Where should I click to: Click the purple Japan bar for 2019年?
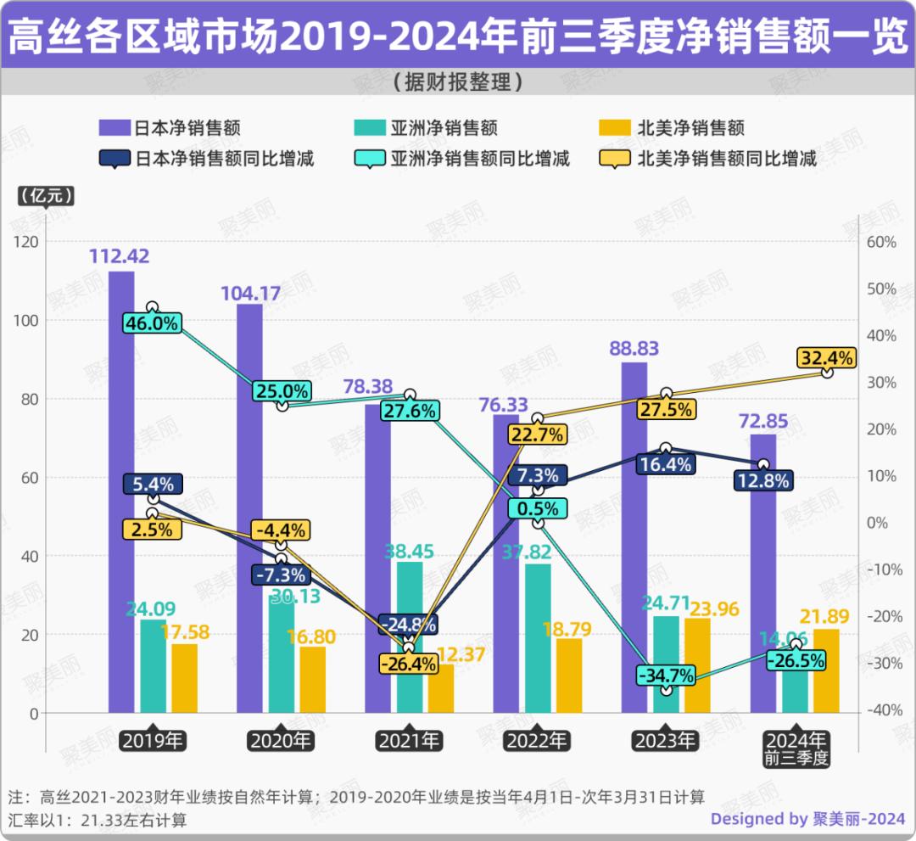(121, 492)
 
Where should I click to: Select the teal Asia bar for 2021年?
(410, 636)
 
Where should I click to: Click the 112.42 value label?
(120, 256)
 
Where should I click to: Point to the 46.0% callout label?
(152, 323)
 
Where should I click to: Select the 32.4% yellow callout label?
(826, 357)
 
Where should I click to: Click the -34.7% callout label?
(667, 676)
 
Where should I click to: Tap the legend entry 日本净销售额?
(170, 129)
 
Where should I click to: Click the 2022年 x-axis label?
(538, 740)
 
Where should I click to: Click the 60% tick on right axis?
(881, 242)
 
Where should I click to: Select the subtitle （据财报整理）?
(457, 82)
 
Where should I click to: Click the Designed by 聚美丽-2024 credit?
(807, 819)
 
